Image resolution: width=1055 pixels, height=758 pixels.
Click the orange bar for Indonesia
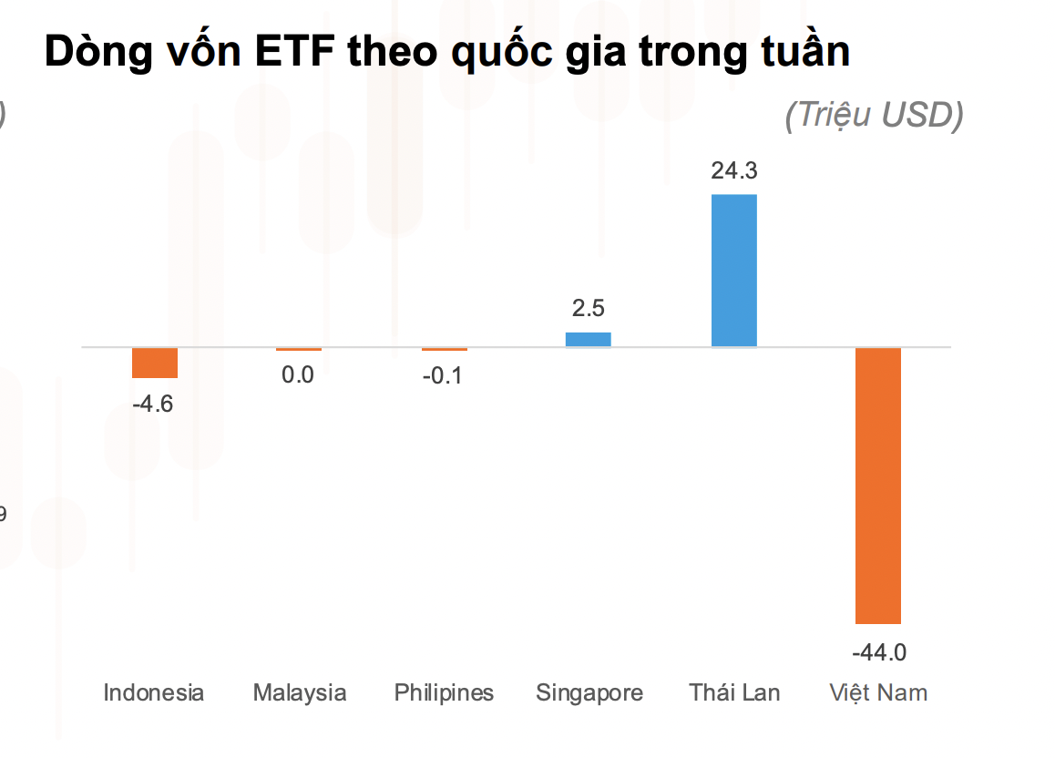point(155,363)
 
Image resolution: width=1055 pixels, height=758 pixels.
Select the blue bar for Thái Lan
point(733,271)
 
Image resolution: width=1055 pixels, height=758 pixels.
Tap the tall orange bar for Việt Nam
point(877,486)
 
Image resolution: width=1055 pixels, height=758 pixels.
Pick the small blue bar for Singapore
point(588,339)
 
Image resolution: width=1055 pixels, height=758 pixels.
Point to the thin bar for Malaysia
point(299,349)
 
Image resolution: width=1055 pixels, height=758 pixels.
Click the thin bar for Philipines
point(445,349)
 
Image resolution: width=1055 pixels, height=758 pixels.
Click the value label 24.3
point(734,171)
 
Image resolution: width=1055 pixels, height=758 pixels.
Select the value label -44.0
point(879,652)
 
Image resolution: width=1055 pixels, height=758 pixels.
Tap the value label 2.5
point(588,308)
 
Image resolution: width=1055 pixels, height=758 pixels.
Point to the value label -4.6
point(152,404)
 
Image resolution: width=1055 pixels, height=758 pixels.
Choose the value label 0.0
point(298,374)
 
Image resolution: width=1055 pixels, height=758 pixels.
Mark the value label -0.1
point(443,374)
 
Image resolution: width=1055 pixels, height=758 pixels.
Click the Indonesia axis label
point(154,692)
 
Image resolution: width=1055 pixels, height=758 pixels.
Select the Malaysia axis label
point(300,692)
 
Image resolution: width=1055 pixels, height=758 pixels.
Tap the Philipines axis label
point(444,692)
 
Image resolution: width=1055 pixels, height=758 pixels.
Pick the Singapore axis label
point(589,692)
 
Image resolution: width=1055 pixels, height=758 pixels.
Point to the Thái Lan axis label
point(734,692)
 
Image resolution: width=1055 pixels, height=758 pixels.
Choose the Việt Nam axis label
point(878,692)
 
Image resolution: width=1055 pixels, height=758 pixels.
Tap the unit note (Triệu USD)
point(874,116)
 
